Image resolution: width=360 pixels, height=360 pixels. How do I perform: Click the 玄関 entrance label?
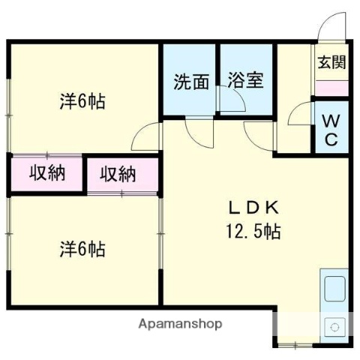click(x=331, y=62)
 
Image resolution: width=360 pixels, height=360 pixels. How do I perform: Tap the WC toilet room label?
click(x=331, y=130)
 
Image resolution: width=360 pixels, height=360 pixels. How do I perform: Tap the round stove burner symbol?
click(x=331, y=327)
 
